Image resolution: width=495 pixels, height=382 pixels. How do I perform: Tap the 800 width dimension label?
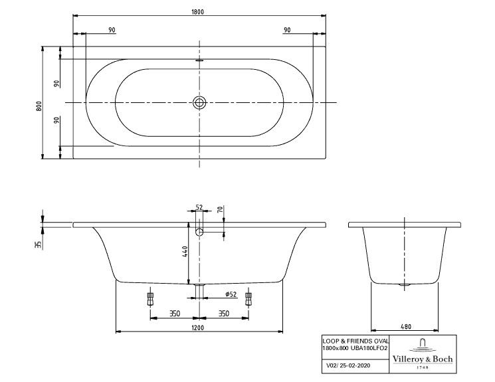click(x=39, y=106)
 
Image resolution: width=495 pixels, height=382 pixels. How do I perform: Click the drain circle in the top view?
click(x=199, y=102)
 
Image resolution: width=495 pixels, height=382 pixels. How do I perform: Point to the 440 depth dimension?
click(x=185, y=251)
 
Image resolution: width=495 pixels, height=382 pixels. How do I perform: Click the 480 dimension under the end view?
click(x=406, y=327)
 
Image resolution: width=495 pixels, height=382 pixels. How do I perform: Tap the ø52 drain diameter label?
click(x=231, y=294)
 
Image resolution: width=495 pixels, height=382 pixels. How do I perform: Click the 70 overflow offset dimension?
click(x=221, y=209)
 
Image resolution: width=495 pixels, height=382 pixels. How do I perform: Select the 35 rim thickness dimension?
click(x=39, y=244)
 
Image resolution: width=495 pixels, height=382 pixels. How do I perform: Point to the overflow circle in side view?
click(x=199, y=232)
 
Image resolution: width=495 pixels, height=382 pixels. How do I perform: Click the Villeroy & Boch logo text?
click(x=423, y=359)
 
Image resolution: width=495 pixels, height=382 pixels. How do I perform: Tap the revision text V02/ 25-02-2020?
click(x=348, y=365)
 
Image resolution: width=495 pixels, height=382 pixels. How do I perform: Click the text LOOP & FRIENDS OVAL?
click(x=355, y=341)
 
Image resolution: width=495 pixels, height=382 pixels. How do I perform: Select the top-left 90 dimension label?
click(x=112, y=30)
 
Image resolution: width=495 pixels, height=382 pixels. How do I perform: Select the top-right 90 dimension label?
click(x=287, y=30)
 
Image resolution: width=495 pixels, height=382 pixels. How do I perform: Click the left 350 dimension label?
click(x=175, y=314)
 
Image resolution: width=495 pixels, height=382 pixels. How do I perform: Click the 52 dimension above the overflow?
click(x=199, y=207)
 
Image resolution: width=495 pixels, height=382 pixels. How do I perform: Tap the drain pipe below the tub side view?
click(x=199, y=291)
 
